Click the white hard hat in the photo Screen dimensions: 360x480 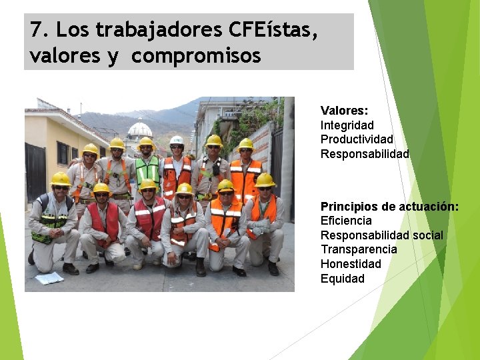[x=177, y=140]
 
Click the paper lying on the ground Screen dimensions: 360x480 [x=49, y=278]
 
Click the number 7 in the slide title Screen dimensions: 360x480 [x=36, y=30]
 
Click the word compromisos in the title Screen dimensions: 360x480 [x=196, y=56]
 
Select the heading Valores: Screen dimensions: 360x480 [x=344, y=111]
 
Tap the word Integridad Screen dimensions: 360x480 [x=347, y=125]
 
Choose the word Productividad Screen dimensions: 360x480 [x=357, y=139]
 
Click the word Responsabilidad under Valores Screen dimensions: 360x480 [x=365, y=154]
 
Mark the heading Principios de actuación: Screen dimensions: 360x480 [x=389, y=206]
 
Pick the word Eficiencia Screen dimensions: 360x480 [x=346, y=221]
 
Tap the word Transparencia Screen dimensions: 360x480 [x=359, y=249]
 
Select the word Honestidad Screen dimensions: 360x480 [x=351, y=264]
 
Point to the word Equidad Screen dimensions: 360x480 [x=342, y=279]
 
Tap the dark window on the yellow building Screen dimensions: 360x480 [x=63, y=153]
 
